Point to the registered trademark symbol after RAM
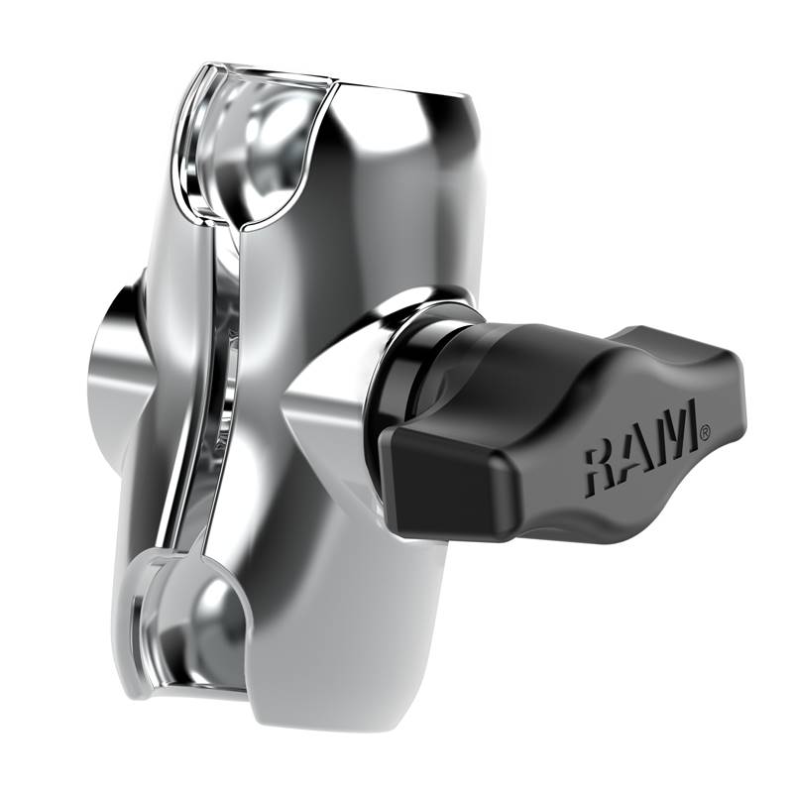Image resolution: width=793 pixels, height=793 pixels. tap(705, 432)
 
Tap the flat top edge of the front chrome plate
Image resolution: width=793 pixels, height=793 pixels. tap(406, 91)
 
